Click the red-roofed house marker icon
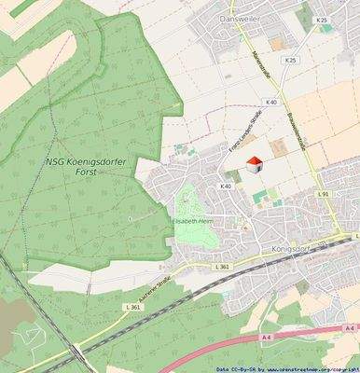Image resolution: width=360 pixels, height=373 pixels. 254,165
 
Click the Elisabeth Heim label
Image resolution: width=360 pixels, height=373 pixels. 194,221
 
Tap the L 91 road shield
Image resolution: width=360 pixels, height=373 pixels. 323,193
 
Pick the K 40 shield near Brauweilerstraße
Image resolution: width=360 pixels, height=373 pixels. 271,102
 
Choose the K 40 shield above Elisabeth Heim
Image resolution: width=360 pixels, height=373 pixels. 225,186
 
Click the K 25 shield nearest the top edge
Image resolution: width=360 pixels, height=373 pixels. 322,20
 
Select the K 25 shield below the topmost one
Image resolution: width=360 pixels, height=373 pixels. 290,60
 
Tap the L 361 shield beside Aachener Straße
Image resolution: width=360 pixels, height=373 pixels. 133,307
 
